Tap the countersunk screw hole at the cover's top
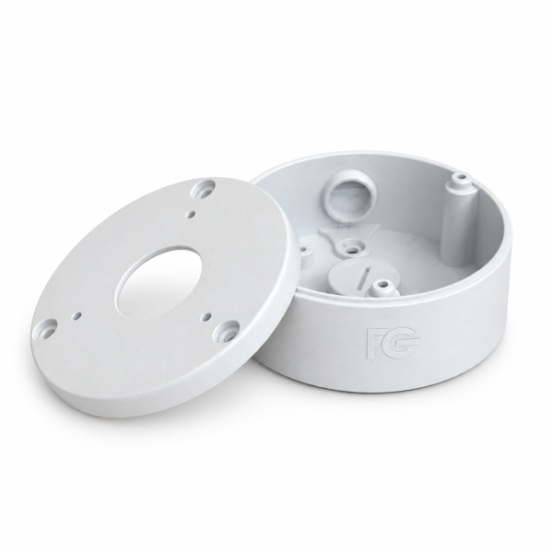203,189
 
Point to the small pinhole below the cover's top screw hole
192,213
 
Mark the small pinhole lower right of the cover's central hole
207,316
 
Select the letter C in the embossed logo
402,341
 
